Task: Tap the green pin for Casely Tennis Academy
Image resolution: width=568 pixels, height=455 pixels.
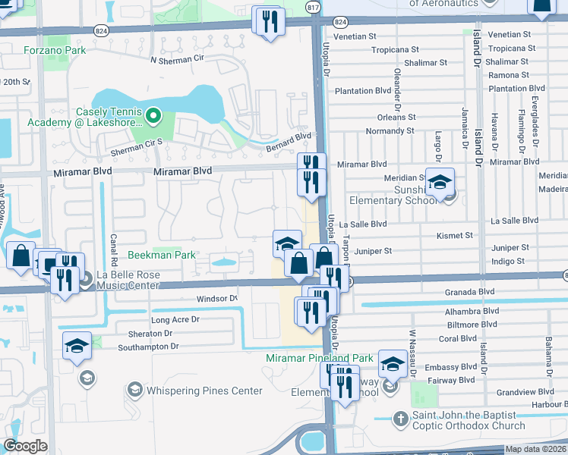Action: [x=153, y=116]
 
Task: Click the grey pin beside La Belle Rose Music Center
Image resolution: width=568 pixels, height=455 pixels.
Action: [x=85, y=279]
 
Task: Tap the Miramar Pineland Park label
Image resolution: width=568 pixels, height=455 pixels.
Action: [x=320, y=357]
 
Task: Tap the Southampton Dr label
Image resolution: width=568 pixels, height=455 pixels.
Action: [x=148, y=347]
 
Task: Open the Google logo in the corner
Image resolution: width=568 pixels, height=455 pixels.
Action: [x=25, y=446]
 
